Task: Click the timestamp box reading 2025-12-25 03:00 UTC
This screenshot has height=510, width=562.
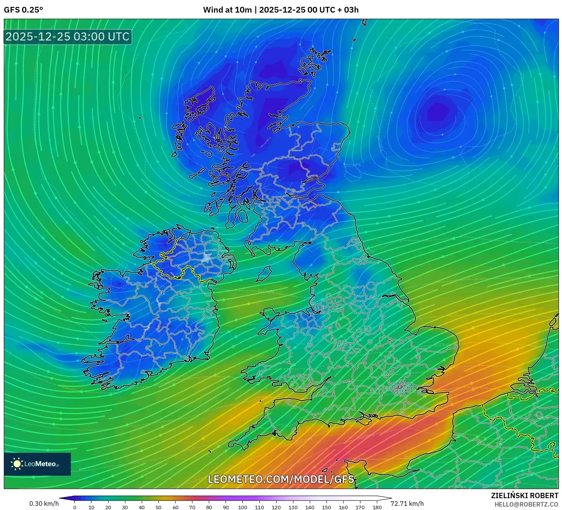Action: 68,37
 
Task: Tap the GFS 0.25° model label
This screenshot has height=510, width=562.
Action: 23,10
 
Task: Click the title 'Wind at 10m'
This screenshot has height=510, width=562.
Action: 227,10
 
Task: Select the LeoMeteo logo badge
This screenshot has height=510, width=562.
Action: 37,464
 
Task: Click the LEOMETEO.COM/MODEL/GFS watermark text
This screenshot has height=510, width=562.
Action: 281,479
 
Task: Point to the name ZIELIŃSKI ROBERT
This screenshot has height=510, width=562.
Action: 524,496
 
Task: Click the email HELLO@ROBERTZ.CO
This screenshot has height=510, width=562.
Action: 526,504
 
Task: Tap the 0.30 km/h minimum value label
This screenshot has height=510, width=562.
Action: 44,504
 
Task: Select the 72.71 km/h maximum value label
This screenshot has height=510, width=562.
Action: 407,504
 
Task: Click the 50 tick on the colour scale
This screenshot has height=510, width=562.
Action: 159,507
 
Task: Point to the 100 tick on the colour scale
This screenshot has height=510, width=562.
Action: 243,507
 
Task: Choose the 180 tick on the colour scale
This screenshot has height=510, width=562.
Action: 377,507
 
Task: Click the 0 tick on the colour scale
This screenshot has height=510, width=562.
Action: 75,507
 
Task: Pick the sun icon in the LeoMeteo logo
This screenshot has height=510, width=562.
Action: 17,464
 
